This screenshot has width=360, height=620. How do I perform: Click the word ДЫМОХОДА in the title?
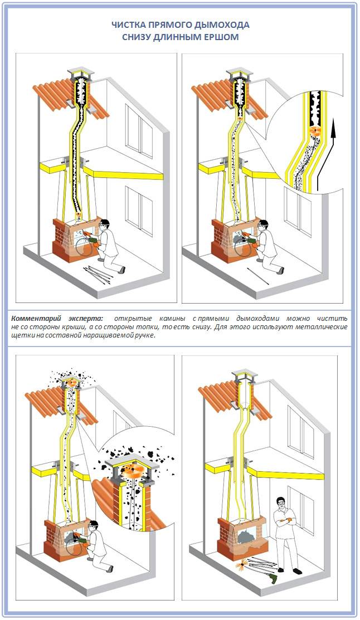[x=221, y=25]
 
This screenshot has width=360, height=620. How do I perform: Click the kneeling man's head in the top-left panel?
[x=106, y=225]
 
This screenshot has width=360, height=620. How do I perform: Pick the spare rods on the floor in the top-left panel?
[x=99, y=273]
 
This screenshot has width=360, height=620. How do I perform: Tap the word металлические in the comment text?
[x=324, y=327]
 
